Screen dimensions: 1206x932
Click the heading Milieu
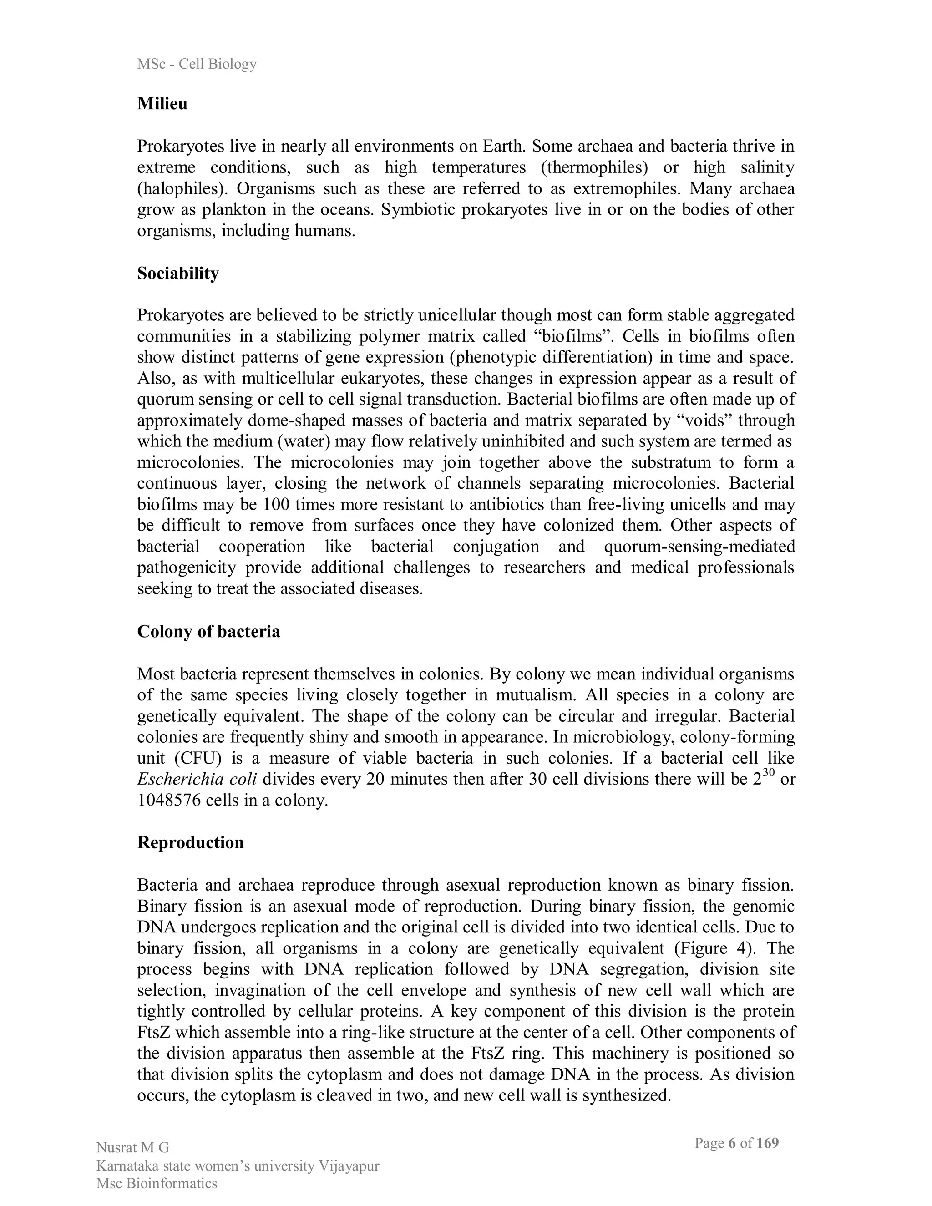[162, 104]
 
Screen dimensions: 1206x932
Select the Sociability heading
[178, 274]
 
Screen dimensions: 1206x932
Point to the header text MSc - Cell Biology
[197, 64]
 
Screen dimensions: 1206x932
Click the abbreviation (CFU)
[194, 758]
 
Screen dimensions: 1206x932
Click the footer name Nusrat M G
[132, 1148]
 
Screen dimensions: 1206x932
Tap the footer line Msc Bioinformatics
[157, 1183]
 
